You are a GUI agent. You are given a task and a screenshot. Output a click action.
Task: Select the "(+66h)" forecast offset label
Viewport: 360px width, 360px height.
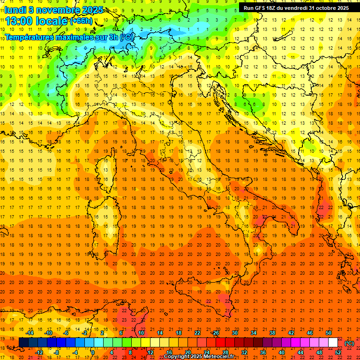point(81,21)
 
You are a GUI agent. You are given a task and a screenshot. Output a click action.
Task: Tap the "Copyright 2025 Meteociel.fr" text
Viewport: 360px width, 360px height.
point(202,356)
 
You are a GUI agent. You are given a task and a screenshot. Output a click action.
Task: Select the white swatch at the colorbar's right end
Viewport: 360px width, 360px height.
point(333,342)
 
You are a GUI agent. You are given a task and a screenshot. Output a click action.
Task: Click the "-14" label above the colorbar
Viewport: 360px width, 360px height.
point(30,333)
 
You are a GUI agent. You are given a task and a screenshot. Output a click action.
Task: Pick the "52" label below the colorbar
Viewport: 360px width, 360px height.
point(338,352)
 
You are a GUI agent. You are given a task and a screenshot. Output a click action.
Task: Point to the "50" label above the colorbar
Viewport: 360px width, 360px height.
point(329,333)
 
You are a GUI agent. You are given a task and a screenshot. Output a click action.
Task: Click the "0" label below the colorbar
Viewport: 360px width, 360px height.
point(93,352)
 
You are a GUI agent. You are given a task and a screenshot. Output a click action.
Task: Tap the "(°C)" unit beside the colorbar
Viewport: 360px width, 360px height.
point(349,343)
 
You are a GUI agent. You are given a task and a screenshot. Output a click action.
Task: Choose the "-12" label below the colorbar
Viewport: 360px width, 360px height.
point(39,352)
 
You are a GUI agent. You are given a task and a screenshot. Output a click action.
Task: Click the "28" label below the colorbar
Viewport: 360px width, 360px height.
point(225,352)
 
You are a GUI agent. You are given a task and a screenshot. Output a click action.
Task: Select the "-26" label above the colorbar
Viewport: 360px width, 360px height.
point(215,333)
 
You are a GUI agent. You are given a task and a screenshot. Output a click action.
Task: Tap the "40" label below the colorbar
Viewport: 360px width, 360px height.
point(281,352)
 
